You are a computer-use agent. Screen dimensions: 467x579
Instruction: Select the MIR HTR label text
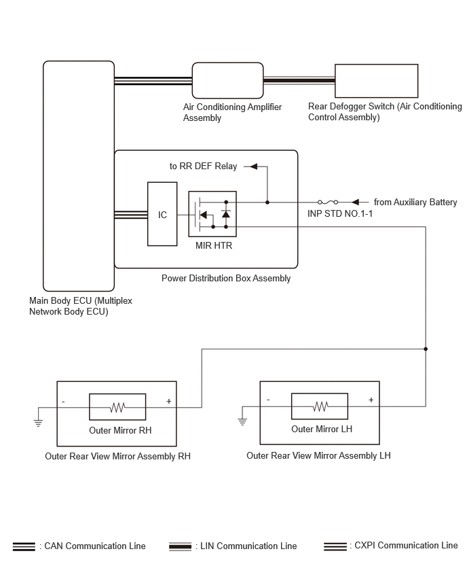coord(214,245)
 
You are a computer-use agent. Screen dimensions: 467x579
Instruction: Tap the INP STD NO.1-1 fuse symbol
coord(328,202)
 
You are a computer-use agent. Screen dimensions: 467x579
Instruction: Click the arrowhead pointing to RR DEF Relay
coord(253,166)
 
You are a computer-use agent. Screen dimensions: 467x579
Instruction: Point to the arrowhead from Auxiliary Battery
coord(355,202)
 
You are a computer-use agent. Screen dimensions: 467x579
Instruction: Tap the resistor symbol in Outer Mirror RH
coord(117,407)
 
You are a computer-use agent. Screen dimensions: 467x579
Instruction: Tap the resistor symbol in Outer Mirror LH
coord(320,406)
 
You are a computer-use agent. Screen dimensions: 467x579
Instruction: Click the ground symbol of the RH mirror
coord(38,423)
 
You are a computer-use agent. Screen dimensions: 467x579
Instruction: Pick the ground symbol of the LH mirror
coord(242,422)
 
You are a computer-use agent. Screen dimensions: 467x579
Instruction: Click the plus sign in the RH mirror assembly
coord(169,401)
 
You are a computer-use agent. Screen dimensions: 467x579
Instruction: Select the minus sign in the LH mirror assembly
coord(268,400)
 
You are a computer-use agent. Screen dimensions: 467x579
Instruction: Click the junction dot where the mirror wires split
coord(426,349)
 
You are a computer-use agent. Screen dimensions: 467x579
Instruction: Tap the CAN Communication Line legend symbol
coord(24,546)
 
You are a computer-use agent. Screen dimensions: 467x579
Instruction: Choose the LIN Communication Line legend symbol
coord(181,546)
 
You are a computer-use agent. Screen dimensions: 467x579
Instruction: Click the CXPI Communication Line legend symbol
coord(335,546)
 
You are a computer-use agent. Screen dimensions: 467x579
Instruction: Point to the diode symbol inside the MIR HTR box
coord(226,214)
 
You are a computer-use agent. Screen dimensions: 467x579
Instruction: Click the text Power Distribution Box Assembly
coord(226,278)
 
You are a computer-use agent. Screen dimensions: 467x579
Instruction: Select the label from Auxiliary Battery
coord(415,202)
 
